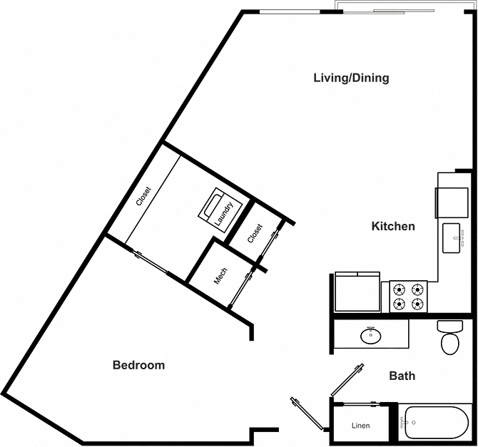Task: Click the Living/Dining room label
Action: pyautogui.click(x=351, y=78)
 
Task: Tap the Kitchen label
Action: pyautogui.click(x=393, y=226)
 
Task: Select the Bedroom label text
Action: pyautogui.click(x=138, y=365)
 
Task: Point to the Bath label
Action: pyautogui.click(x=402, y=376)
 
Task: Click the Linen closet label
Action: pyautogui.click(x=360, y=426)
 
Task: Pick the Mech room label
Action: pyautogui.click(x=220, y=276)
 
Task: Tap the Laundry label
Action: pyautogui.click(x=223, y=214)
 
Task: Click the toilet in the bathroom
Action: pyautogui.click(x=450, y=337)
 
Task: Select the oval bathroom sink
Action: pyautogui.click(x=371, y=336)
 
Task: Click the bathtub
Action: pyautogui.click(x=436, y=422)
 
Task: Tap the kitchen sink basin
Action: pyautogui.click(x=451, y=238)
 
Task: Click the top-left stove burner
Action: pyautogui.click(x=399, y=289)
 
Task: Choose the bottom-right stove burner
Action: pyautogui.click(x=417, y=304)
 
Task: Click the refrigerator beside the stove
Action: pyautogui.click(x=357, y=292)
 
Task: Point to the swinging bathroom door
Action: pyautogui.click(x=347, y=380)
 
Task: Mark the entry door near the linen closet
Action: pyautogui.click(x=307, y=413)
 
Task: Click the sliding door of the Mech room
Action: pyautogui.click(x=241, y=288)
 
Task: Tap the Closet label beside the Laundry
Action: pyautogui.click(x=255, y=233)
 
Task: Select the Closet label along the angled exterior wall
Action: pyautogui.click(x=143, y=196)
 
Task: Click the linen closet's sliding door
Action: pyautogui.click(x=362, y=404)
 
